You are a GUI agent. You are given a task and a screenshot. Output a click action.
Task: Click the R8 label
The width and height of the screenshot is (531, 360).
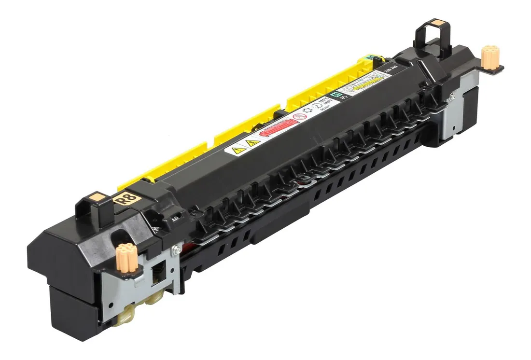pos(127,199)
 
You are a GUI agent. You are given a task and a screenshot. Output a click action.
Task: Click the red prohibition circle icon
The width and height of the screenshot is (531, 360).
pos(299,117)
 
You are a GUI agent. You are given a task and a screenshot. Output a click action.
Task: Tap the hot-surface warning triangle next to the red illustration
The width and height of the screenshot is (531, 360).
pos(252,143)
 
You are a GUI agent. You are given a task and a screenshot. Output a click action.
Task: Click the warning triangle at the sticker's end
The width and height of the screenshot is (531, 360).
pos(236,151)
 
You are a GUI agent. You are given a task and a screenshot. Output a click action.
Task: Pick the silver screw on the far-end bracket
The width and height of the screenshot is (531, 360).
pos(451,97)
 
